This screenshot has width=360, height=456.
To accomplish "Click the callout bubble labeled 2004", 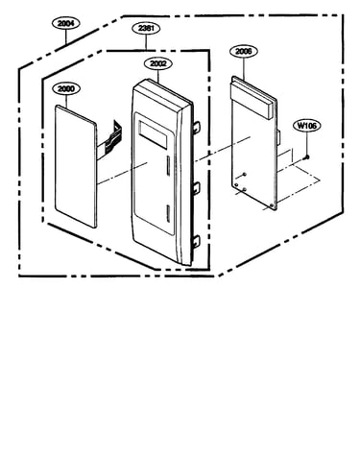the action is point(66,23).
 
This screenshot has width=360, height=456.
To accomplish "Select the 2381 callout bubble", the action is point(146,28).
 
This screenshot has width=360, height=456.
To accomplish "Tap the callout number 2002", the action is point(158,63).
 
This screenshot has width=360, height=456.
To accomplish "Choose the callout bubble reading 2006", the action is point(244,51).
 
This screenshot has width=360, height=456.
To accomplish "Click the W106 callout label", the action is point(307,126).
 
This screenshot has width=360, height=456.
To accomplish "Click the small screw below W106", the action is point(307,156).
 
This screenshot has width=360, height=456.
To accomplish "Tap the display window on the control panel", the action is point(153,135).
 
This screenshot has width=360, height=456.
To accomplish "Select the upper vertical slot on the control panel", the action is point(168,166).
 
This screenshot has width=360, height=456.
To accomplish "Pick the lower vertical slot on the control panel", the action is point(168,213).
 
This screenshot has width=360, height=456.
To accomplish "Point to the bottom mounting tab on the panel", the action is point(196,241).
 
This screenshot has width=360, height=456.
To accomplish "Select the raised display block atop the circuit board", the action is point(252,98).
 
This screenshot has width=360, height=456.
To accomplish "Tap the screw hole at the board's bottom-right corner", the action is point(272,204).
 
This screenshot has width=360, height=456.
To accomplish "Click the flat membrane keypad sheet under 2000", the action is point(76,166).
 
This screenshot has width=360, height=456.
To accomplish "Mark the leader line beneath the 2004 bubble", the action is point(66,36).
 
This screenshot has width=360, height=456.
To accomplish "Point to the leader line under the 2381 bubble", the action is point(146,42).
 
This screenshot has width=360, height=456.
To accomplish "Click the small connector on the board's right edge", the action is point(278,137).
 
